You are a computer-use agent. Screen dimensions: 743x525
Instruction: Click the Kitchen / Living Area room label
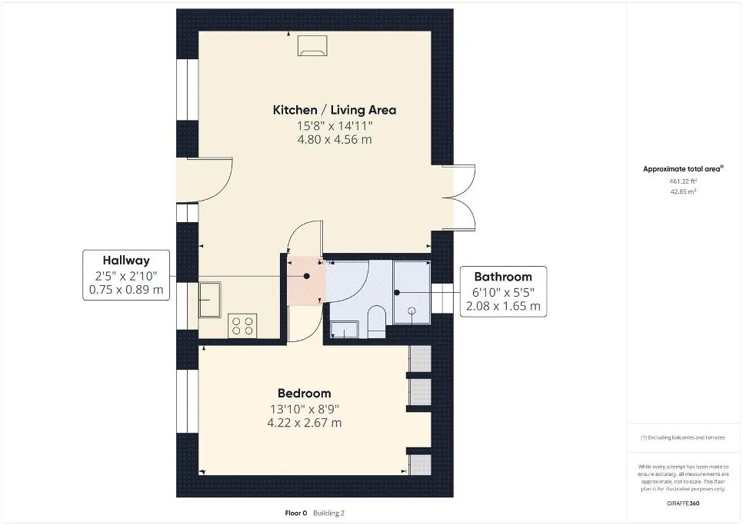335,110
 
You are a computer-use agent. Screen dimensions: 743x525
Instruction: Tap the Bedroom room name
305,394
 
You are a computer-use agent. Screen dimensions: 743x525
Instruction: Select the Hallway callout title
126,261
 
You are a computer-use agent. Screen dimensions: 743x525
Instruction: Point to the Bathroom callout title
503,277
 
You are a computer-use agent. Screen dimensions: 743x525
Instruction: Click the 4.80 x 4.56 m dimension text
335,140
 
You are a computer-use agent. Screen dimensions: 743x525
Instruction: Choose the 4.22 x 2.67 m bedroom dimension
305,423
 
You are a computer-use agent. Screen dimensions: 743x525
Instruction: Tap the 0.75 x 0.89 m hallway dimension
126,290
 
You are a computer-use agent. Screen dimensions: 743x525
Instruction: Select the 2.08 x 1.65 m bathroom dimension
503,306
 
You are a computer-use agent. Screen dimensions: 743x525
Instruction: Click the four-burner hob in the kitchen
242,326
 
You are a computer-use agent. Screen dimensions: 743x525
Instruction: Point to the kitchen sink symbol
209,300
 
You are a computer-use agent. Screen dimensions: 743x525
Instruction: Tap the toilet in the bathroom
377,321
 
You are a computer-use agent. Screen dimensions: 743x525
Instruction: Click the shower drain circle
411,311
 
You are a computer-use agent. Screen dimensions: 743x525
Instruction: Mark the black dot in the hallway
307,276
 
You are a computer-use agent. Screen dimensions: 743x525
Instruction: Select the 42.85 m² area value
683,191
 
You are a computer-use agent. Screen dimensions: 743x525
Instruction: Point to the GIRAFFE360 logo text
683,503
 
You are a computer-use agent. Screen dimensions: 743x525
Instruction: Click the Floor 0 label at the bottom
296,513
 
